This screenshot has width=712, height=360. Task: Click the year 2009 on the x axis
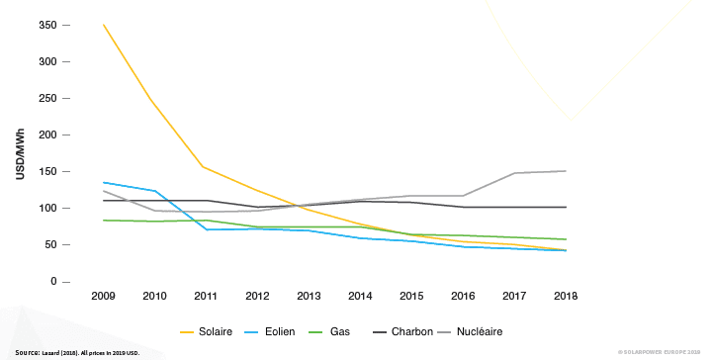104,296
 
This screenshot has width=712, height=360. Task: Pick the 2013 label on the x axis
310,296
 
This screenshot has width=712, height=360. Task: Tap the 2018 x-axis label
566,296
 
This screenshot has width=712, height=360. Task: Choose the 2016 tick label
463,296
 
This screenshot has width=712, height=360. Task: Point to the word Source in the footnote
27,352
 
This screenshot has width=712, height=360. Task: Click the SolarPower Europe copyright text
659,352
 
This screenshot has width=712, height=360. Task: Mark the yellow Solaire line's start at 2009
104,25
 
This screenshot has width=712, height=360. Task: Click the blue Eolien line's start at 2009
104,182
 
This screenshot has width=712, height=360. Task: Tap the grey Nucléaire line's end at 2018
566,171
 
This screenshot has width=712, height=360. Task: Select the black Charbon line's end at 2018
566,208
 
